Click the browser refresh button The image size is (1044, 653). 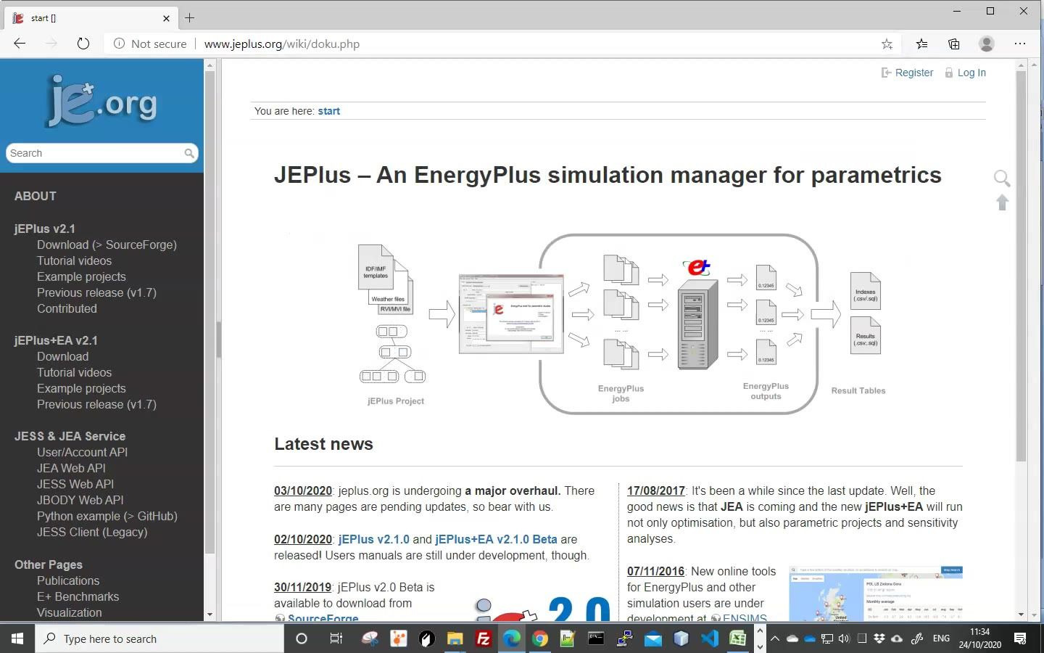coord(83,44)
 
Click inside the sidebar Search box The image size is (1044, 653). coord(94,153)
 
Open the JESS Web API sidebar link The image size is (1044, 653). coord(75,484)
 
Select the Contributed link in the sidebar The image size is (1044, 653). coord(67,308)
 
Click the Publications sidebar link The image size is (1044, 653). coord(68,580)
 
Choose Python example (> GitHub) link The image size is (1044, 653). coord(107,516)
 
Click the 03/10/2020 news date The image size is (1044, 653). coord(303,490)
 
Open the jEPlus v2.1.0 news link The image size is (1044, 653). coord(374,539)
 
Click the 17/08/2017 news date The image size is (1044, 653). coord(656,490)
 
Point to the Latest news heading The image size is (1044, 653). coord(323,444)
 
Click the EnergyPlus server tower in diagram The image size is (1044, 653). coord(697,324)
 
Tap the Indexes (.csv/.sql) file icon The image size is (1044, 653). coord(865,291)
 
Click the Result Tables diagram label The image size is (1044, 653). coord(858,390)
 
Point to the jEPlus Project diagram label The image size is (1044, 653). coord(396,401)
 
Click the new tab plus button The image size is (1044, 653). coord(190,17)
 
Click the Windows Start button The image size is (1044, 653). coord(17,638)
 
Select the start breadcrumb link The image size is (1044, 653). coord(328,111)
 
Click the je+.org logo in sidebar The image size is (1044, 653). coord(101,102)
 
